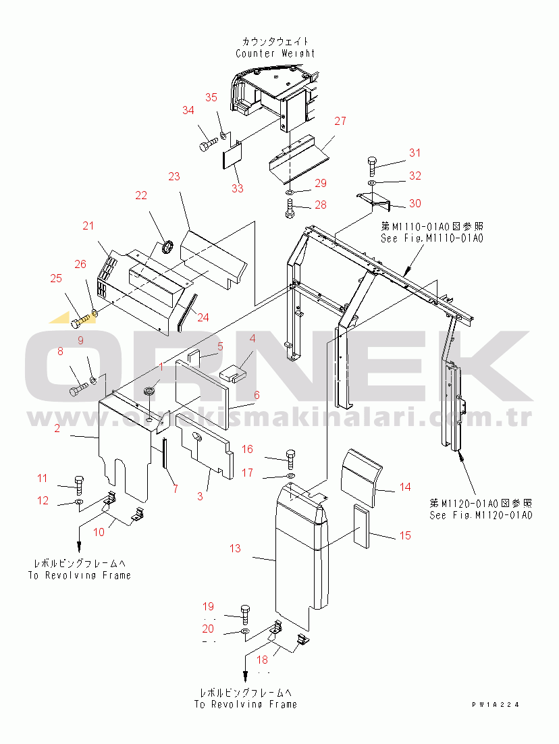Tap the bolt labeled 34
coord(207,144)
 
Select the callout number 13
coord(234,548)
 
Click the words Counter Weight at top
coord(275,53)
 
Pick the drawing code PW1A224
coord(496,704)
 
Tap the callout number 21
coord(88,225)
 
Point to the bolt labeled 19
coord(244,614)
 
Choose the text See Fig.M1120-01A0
coord(481,515)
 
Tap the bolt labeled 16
coord(291,458)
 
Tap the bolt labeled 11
coord(80,484)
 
